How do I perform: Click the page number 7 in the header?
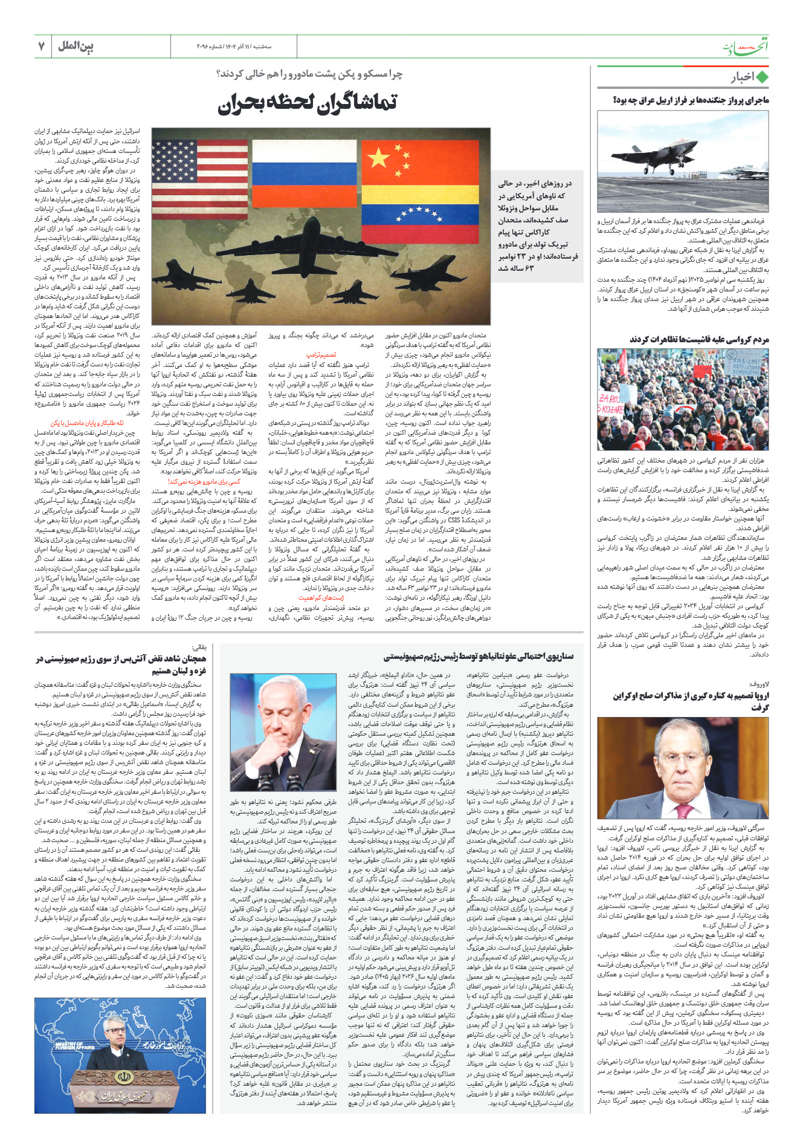point(42,46)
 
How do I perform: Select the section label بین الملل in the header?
point(76,46)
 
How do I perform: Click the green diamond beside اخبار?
point(762,77)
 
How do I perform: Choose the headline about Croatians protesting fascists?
point(699,339)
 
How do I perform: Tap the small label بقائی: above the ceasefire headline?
point(199,647)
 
